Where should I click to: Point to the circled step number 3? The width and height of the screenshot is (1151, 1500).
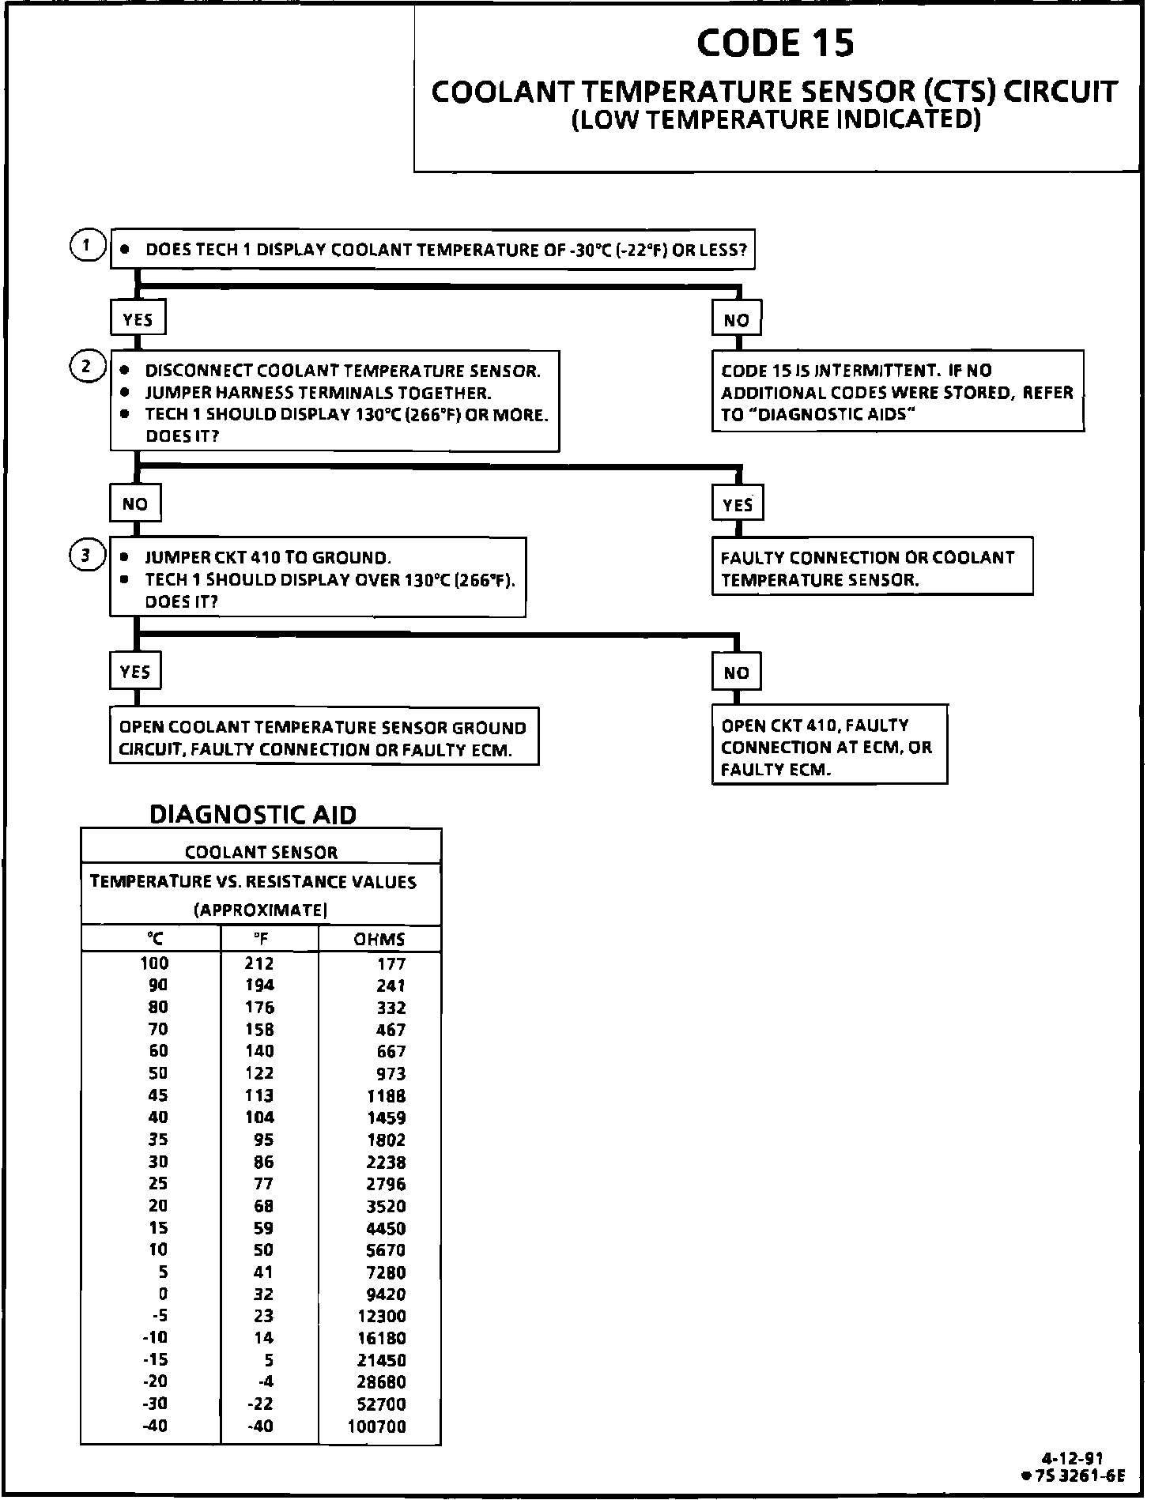point(87,556)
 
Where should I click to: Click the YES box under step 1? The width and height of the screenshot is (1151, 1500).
point(138,320)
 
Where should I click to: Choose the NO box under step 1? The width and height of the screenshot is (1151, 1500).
point(737,320)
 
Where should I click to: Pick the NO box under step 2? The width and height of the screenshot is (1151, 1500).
point(135,504)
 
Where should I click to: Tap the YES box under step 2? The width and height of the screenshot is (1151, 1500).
point(738,504)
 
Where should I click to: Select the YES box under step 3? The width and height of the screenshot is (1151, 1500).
point(135,672)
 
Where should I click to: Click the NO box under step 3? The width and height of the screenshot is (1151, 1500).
point(736,673)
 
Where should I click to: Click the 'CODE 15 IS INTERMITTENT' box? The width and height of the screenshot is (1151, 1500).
point(897,393)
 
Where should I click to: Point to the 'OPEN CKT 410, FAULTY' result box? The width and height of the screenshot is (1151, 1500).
point(829,747)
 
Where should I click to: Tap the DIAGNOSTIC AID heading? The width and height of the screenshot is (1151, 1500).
point(253,814)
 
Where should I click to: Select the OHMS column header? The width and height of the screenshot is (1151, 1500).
point(379,940)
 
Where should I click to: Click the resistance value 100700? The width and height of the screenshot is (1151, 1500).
point(377,1427)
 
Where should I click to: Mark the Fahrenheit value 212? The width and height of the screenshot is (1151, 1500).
point(259,963)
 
